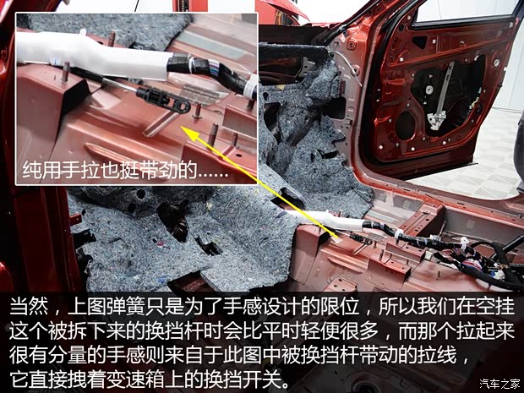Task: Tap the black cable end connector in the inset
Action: (x=163, y=100)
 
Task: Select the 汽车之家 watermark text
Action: (x=500, y=384)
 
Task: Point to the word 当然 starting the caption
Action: (x=29, y=307)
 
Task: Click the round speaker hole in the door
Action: (x=406, y=125)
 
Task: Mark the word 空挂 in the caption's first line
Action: (x=495, y=307)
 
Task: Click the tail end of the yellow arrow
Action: (x=337, y=237)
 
